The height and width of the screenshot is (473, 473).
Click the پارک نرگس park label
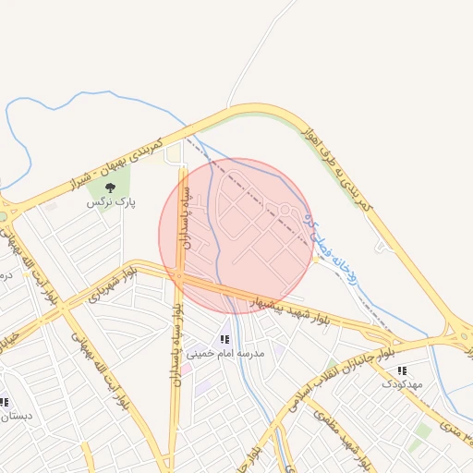tap(111, 200)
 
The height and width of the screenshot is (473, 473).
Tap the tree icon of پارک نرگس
tap(111, 188)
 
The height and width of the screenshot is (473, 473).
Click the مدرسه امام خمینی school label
tap(225, 353)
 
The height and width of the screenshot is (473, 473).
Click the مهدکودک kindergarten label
tap(402, 382)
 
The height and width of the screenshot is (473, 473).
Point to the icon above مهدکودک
tap(402, 370)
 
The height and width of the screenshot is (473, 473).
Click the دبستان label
tap(17, 415)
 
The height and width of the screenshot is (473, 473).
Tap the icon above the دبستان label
tap(4, 402)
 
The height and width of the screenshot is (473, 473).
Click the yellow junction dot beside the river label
tap(315, 259)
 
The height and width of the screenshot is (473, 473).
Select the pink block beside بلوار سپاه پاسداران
tap(185, 370)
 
